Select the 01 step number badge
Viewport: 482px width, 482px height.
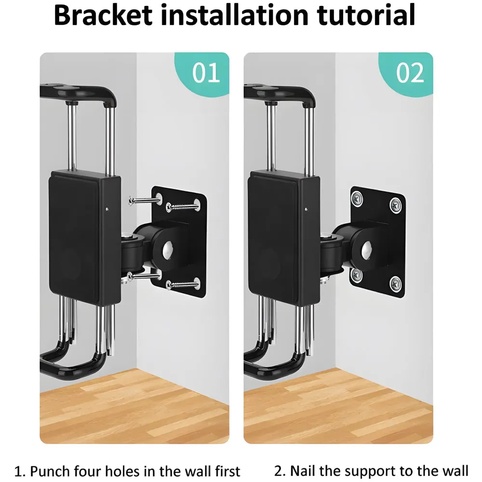(206, 73)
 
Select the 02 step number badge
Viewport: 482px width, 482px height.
(410, 73)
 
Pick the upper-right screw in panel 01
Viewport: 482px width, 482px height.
(182, 206)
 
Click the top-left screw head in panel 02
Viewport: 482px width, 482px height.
(357, 197)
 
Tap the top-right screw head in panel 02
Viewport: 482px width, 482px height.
(396, 205)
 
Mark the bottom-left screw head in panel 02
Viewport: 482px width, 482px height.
(357, 275)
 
